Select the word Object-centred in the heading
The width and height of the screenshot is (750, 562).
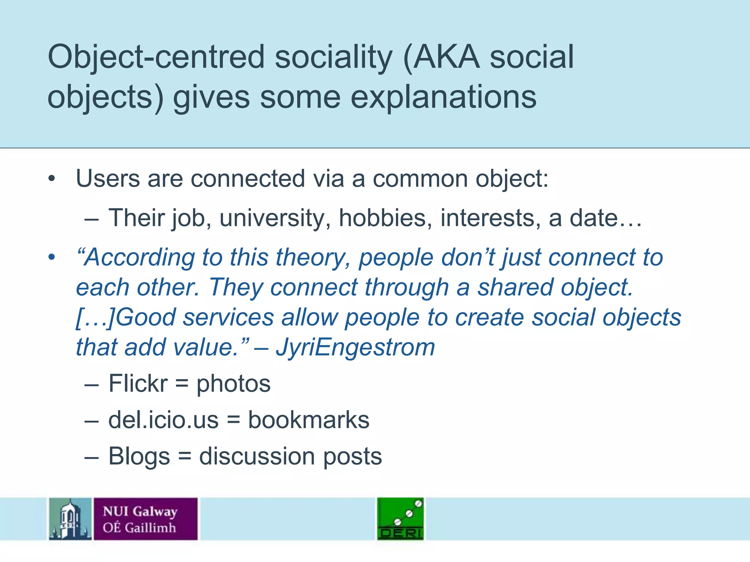[156, 57]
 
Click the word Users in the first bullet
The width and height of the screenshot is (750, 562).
[108, 179]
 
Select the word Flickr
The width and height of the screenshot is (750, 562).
[138, 383]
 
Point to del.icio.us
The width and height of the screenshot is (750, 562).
[163, 420]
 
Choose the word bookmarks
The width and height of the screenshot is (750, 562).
[309, 420]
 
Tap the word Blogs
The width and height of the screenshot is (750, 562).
[139, 457]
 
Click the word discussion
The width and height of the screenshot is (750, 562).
[256, 456]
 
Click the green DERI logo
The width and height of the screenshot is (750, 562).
[400, 519]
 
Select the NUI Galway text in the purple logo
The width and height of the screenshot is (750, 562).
[140, 511]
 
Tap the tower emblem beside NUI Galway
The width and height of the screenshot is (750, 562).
[70, 519]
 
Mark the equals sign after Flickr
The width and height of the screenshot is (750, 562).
[182, 384]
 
